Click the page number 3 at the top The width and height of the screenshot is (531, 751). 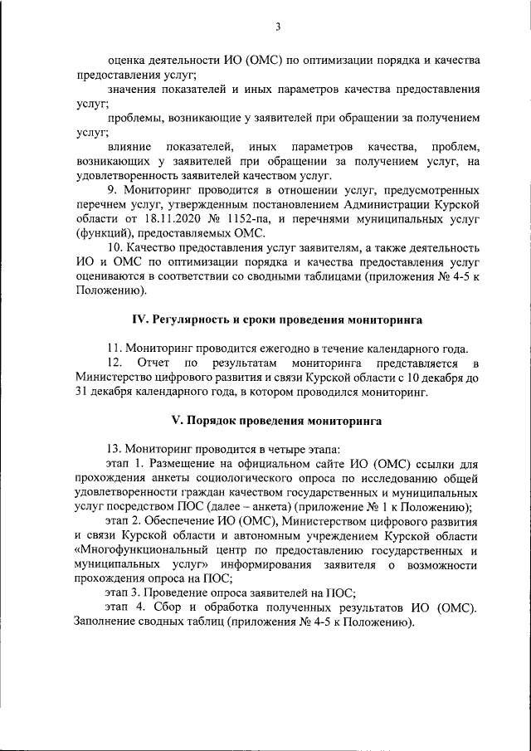coord(277,27)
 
